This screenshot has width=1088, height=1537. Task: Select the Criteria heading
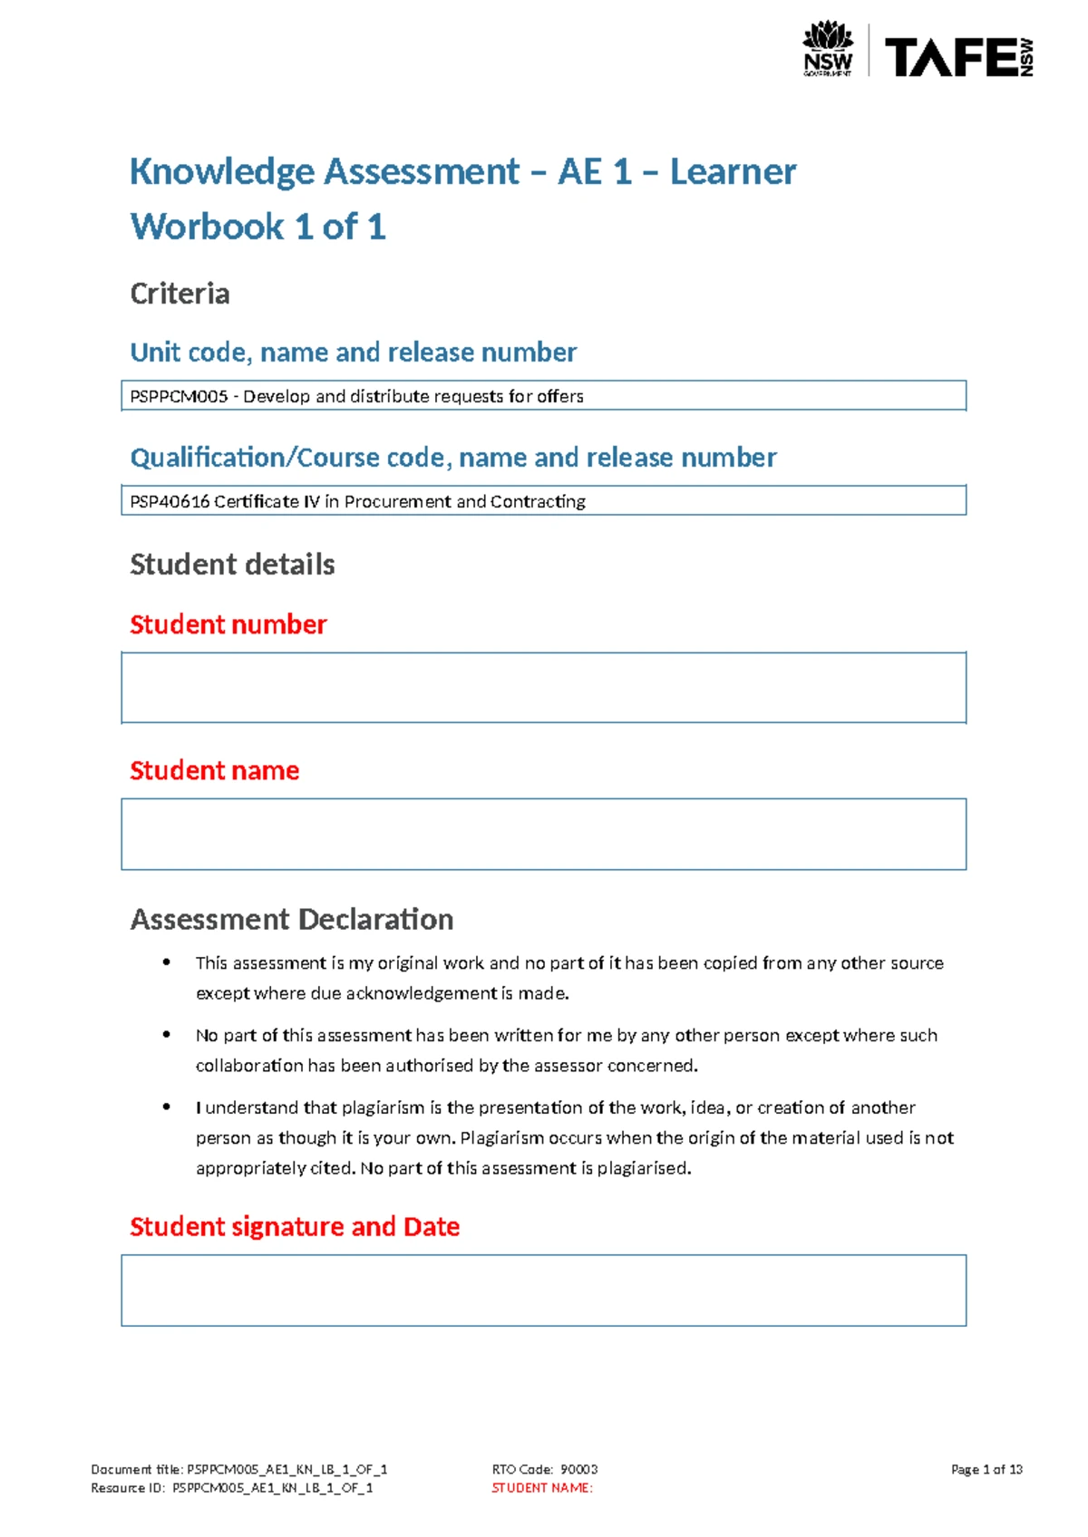[x=180, y=294]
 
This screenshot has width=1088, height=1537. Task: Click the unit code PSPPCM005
[x=179, y=396]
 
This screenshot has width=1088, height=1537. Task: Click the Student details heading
[x=232, y=565]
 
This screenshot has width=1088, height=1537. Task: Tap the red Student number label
[x=228, y=624]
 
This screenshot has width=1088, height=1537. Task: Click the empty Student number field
[x=543, y=688]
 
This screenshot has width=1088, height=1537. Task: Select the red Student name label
[x=214, y=770]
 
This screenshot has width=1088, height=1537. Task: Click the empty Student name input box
[x=543, y=834]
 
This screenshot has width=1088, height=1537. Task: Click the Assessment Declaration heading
[x=291, y=919]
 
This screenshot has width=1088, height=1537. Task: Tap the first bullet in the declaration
[x=167, y=962]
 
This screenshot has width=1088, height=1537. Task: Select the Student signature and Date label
[x=295, y=1226]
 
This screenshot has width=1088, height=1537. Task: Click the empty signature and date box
[x=543, y=1290]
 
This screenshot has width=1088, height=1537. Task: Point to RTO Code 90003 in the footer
[x=544, y=1469]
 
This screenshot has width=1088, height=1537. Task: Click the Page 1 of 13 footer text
[x=986, y=1469]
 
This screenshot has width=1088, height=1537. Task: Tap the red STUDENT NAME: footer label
[x=541, y=1488]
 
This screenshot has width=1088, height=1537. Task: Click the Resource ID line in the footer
[x=231, y=1488]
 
